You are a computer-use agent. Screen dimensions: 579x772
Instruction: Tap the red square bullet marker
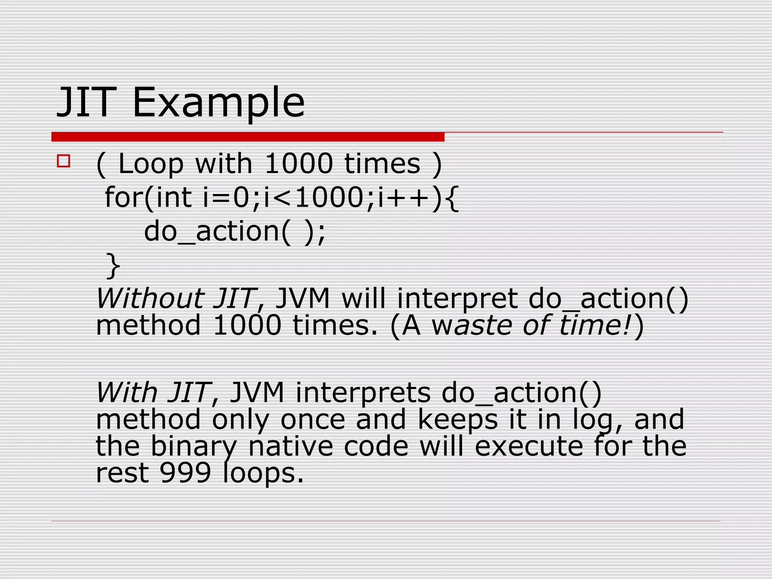(x=63, y=161)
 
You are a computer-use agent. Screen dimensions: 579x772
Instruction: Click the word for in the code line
(x=124, y=197)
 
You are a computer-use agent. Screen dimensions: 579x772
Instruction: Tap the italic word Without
(x=150, y=298)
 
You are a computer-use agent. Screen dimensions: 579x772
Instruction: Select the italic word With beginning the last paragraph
(x=126, y=392)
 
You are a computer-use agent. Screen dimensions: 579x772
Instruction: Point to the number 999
(x=185, y=473)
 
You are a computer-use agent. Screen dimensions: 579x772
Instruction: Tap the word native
(x=290, y=446)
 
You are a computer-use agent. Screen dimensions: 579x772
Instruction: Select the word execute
(x=528, y=446)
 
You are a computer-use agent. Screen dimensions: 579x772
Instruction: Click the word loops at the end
(x=263, y=473)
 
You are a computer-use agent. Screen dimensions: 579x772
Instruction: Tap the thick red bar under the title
(x=248, y=137)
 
